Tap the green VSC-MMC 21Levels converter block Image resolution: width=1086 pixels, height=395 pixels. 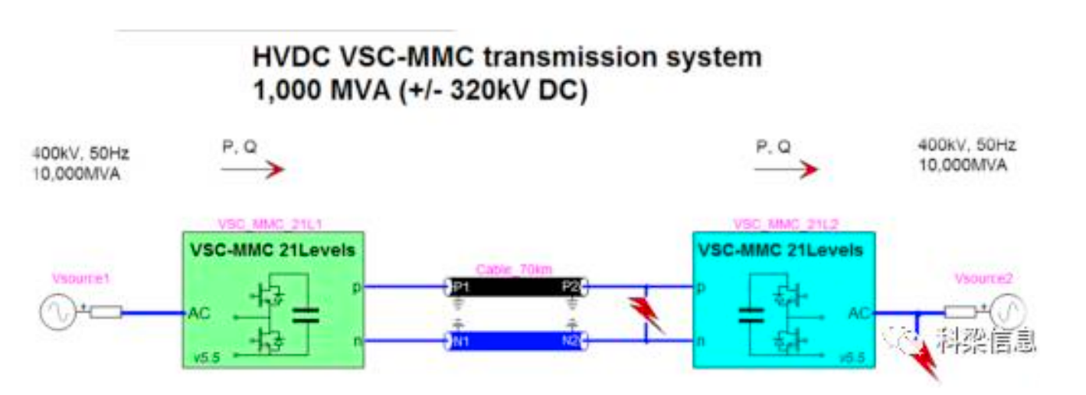273,299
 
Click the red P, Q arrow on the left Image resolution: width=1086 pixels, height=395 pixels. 264,169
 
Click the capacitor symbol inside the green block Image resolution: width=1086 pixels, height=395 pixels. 306,315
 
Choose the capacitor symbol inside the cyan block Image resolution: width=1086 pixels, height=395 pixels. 747,315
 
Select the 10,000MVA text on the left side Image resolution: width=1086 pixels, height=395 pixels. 76,174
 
